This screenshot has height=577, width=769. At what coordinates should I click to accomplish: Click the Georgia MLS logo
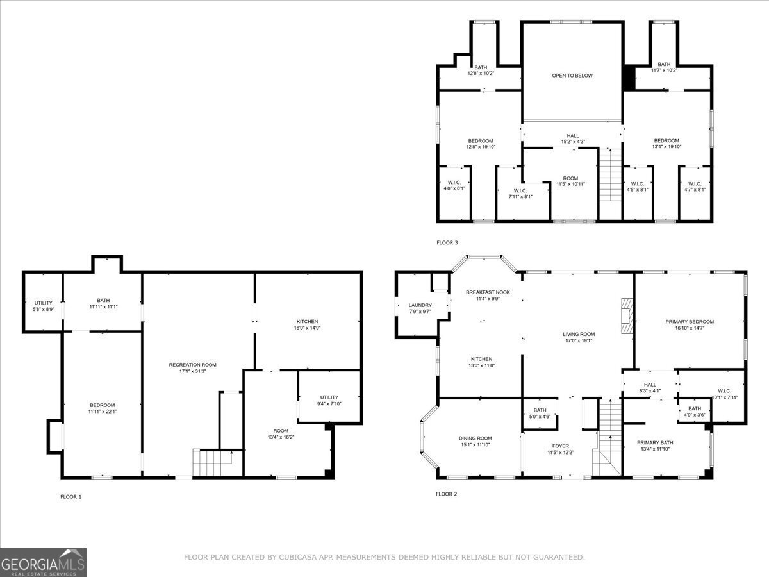coord(43,562)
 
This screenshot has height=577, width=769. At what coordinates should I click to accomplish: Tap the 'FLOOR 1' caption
coord(70,496)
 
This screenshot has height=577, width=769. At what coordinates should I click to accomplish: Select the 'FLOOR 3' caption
coord(447,242)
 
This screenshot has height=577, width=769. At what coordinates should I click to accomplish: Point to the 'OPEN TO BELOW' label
coord(572,76)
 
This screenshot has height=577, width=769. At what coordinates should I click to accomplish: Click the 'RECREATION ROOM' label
coord(192,364)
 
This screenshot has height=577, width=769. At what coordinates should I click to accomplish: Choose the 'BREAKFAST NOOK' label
coord(488,292)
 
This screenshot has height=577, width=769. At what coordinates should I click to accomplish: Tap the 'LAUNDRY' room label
coord(420,305)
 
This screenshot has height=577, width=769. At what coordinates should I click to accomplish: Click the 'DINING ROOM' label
coord(475,438)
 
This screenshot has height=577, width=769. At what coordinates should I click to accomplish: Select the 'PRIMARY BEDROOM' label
coord(690,322)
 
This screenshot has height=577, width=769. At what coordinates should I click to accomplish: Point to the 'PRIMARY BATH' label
coord(655,442)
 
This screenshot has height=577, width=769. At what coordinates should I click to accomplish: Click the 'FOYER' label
coord(561,446)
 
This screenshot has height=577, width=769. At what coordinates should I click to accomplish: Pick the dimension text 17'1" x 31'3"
coord(192,371)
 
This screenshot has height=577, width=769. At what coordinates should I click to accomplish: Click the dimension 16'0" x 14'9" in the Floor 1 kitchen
coord(307,328)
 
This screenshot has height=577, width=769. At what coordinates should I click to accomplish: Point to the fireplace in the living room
coord(626,316)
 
